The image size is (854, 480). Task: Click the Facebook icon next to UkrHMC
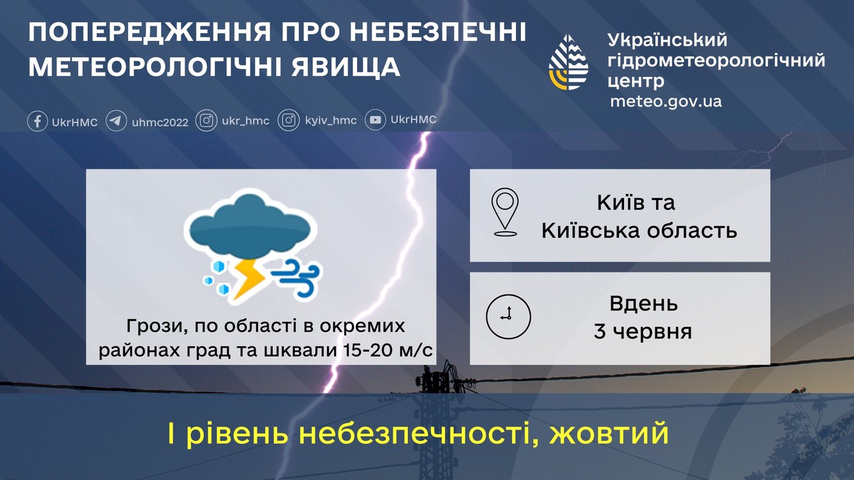point(37,121)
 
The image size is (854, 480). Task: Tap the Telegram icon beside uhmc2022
point(117,121)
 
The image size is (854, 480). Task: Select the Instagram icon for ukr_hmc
point(206,120)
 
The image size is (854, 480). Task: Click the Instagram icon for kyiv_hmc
point(289,120)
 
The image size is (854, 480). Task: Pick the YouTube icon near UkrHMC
point(375,120)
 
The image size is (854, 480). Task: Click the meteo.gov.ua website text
point(666,101)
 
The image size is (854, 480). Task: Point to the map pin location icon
point(505,212)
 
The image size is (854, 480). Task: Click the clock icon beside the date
point(508,317)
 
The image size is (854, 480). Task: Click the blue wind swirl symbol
point(298,278)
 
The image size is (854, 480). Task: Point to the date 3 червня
point(643,332)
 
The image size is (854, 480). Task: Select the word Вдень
point(644,303)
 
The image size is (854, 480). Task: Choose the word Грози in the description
point(152,326)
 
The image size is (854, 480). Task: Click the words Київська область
point(639,231)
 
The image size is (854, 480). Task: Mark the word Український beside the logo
point(668,40)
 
